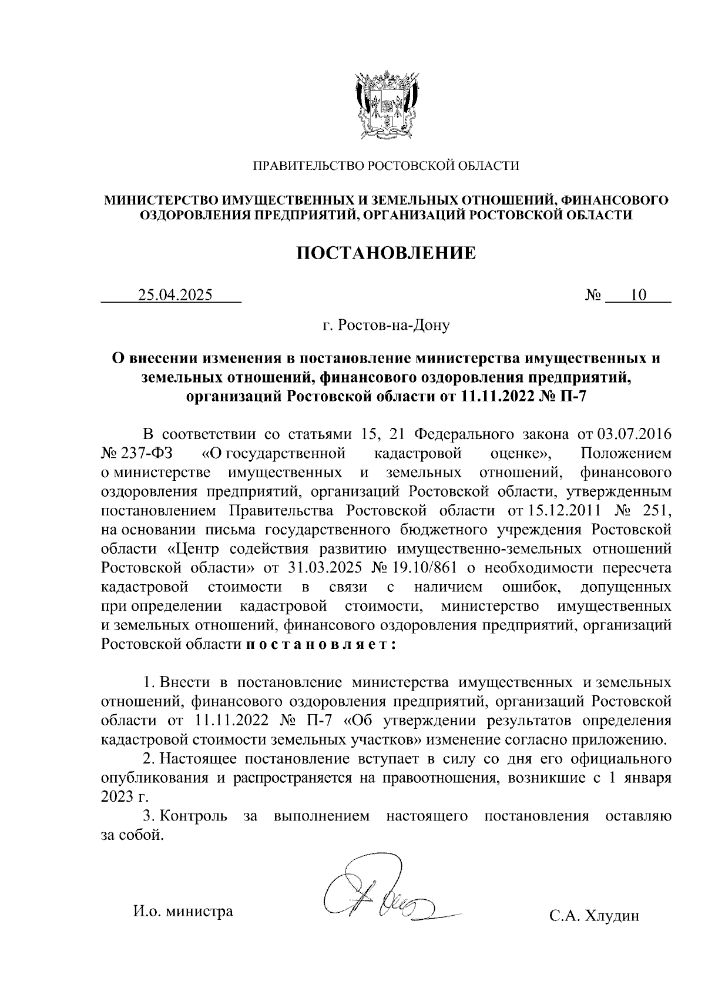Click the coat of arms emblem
point(385,105)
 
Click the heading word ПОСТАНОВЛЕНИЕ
point(385,253)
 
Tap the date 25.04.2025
point(174,295)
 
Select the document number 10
point(638,295)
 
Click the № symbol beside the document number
point(593,295)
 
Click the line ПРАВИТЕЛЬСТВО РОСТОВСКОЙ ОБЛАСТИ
point(385,166)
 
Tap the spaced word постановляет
point(320,645)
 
